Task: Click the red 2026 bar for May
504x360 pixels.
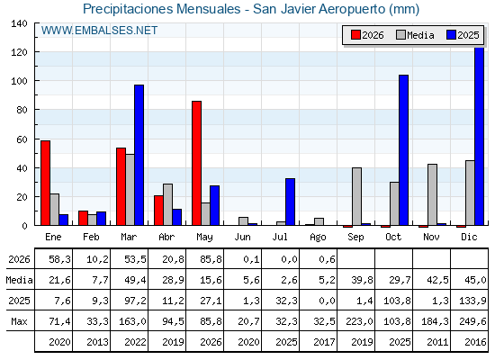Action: [x=196, y=163]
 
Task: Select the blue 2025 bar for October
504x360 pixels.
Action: [x=403, y=150]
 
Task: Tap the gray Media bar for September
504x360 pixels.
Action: [x=356, y=196]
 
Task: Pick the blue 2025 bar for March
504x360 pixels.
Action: [x=139, y=155]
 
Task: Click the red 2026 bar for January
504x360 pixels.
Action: [x=45, y=183]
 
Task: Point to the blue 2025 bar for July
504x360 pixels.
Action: [x=290, y=202]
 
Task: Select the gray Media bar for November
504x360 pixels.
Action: [x=432, y=194]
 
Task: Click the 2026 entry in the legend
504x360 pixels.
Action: [x=367, y=35]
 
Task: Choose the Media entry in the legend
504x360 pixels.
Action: [x=415, y=35]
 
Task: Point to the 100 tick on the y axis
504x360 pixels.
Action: [x=19, y=81]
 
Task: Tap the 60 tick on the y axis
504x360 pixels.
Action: [x=22, y=139]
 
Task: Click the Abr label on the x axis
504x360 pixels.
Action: [x=166, y=237]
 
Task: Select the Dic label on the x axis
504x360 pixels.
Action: [x=469, y=237]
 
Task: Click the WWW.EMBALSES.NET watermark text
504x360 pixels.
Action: [x=99, y=31]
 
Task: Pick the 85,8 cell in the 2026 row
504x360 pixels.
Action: [x=211, y=259]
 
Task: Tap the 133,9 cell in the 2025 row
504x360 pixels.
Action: [x=472, y=301]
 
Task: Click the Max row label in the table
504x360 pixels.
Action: [x=19, y=321]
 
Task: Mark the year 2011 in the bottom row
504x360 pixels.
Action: [x=437, y=342]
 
